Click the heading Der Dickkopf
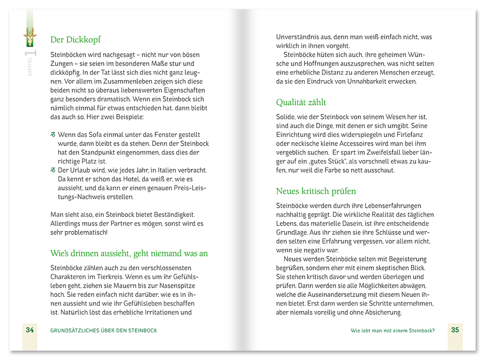pos(75,40)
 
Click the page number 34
pos(30,330)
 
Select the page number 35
pos(454,330)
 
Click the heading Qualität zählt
pos(301,102)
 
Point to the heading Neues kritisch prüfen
pos(316,191)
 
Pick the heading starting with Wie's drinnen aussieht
pos(129,253)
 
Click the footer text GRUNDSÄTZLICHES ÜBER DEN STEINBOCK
pos(103,330)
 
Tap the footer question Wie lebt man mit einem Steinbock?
pos(392,330)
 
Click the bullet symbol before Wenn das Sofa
pos(53,135)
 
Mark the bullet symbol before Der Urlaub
pos(53,170)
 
